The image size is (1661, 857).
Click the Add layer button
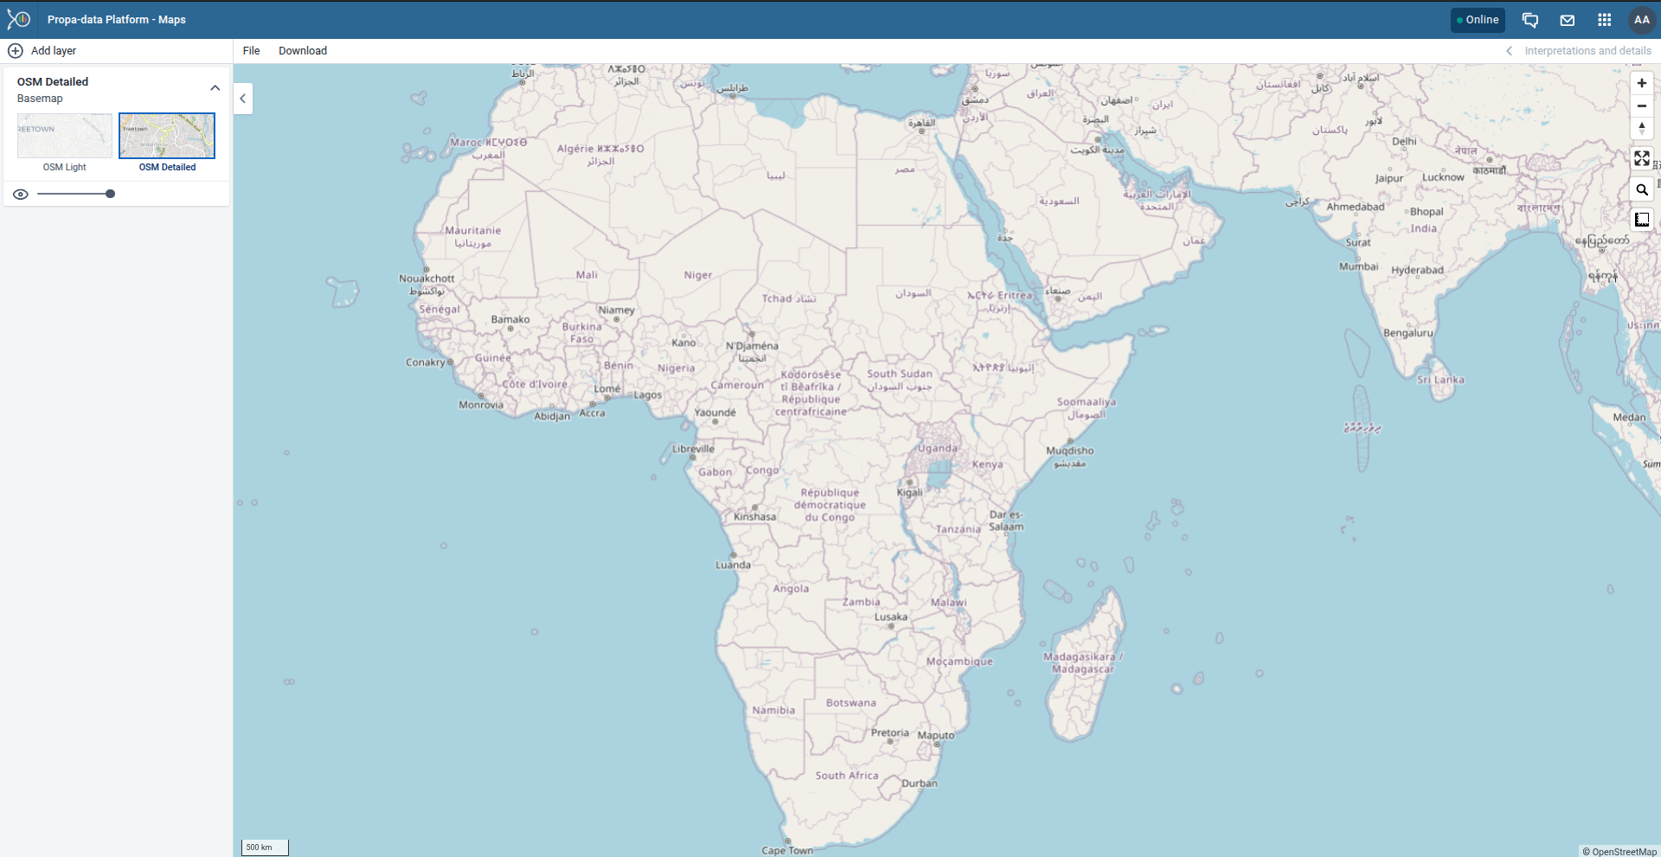point(42,51)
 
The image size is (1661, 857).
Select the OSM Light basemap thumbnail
point(65,136)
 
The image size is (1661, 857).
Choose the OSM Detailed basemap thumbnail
point(167,136)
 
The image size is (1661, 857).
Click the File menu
point(251,51)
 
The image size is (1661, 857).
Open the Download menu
point(303,51)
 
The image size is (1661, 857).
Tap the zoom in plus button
point(1641,84)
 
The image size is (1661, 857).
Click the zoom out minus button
point(1641,106)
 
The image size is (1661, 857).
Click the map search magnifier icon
point(1641,190)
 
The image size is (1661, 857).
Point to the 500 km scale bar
point(264,847)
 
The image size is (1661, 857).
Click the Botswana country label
point(850,703)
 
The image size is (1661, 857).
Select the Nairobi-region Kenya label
point(987,464)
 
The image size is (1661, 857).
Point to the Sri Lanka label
point(1440,380)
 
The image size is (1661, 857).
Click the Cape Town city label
point(787,850)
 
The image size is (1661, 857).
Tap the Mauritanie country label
point(472,231)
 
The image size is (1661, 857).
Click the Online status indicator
point(1478,20)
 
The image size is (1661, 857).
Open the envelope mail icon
point(1567,20)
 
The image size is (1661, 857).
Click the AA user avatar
point(1641,20)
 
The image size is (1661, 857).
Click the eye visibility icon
point(21,195)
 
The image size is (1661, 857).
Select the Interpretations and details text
point(1587,51)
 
